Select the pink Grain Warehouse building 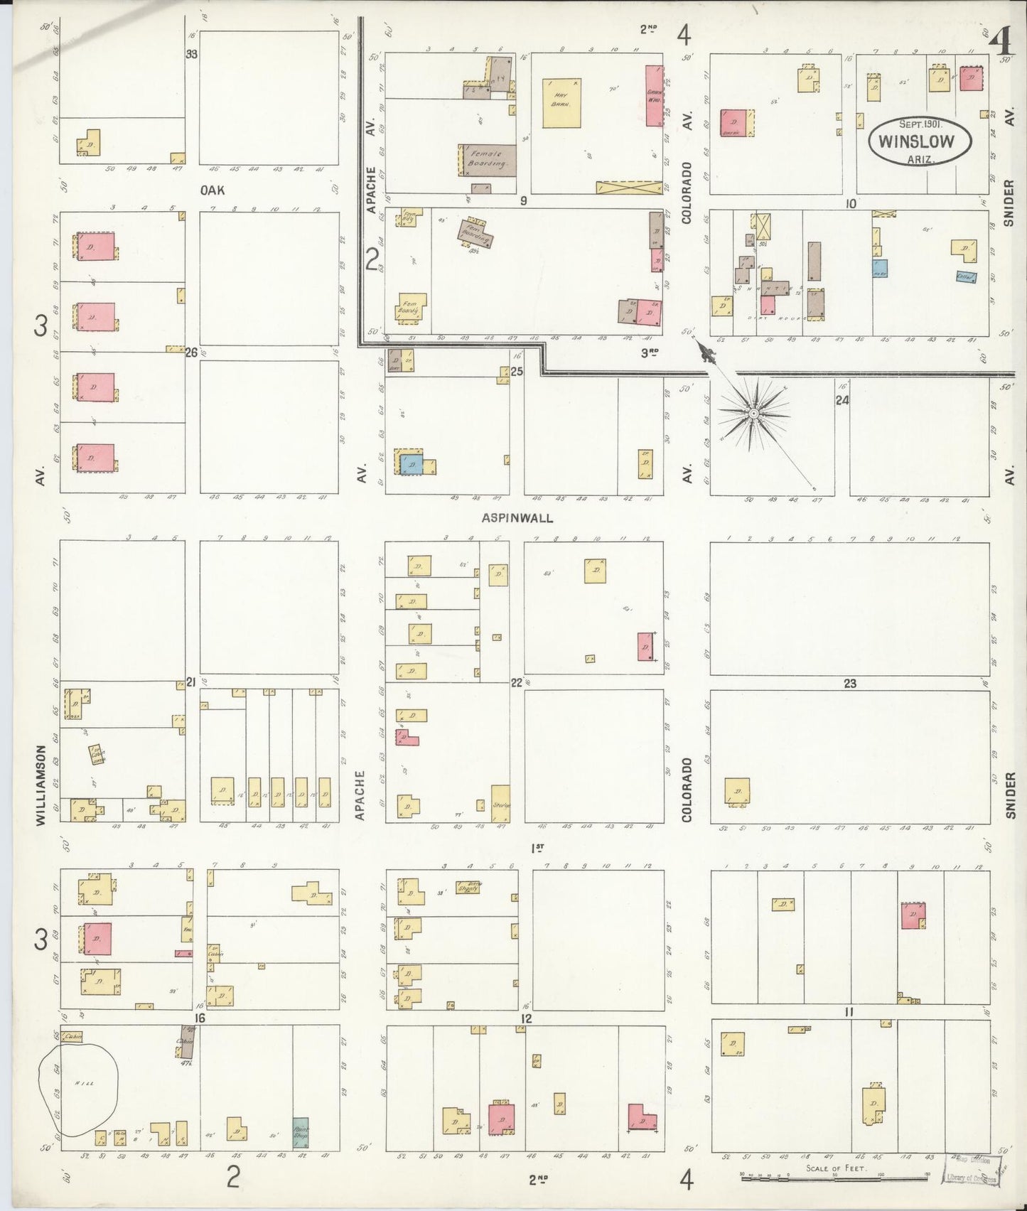(654, 96)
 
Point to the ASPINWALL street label (517, 518)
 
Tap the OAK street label (212, 190)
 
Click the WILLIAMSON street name (41, 785)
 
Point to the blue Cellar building (965, 277)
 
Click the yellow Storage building (500, 804)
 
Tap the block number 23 (849, 684)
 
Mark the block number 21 (190, 682)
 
